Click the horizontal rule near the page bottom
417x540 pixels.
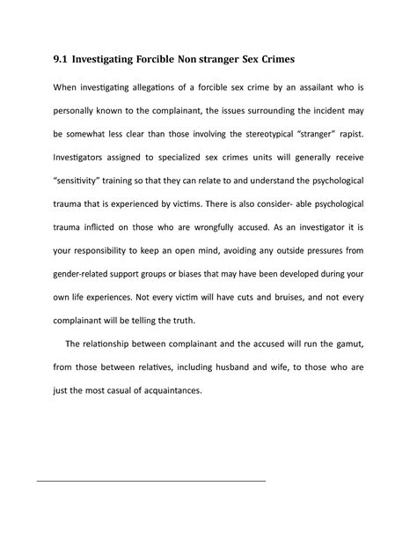[x=150, y=482]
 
